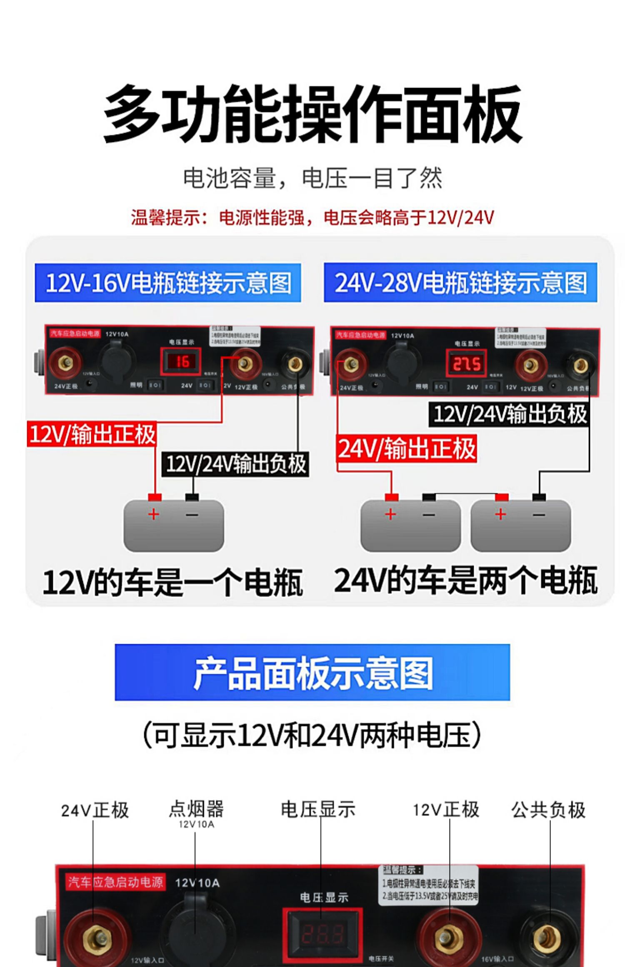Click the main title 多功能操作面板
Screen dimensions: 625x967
pyautogui.click(x=312, y=114)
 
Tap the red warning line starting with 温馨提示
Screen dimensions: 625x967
pyautogui.click(x=312, y=217)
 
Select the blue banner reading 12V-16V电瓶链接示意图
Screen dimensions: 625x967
pyautogui.click(x=167, y=283)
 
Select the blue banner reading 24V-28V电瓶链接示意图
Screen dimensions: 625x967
pyautogui.click(x=460, y=283)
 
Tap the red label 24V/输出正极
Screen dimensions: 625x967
pyautogui.click(x=406, y=449)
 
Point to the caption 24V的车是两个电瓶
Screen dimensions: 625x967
pyautogui.click(x=465, y=580)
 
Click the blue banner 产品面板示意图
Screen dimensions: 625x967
pyautogui.click(x=312, y=672)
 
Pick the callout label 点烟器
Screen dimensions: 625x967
pyautogui.click(x=196, y=809)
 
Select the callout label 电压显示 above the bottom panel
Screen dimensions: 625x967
pyautogui.click(x=318, y=809)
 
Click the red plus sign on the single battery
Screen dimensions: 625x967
pyautogui.click(x=154, y=514)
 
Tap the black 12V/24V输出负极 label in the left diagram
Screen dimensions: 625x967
pyautogui.click(x=235, y=464)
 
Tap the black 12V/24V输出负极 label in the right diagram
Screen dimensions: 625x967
pyautogui.click(x=509, y=414)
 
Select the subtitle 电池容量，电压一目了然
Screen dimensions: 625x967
pyautogui.click(x=312, y=178)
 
